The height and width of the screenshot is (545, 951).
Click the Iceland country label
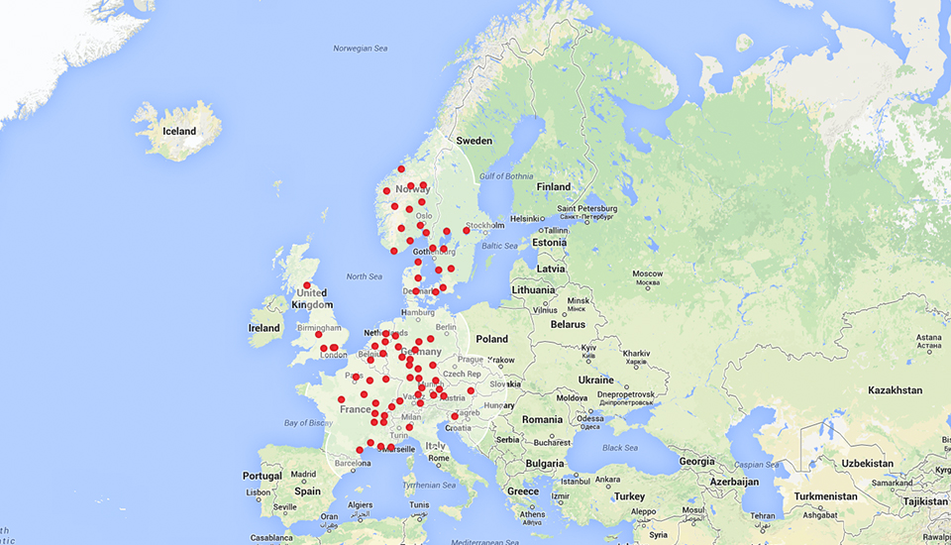(x=179, y=131)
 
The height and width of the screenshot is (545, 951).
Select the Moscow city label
(x=647, y=273)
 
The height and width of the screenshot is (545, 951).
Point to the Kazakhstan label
(x=895, y=390)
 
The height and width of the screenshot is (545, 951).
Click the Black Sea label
(x=618, y=447)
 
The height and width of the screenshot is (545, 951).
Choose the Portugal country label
(x=262, y=476)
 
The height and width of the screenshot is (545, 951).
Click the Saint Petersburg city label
(x=587, y=208)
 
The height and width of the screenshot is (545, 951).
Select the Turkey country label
(x=629, y=496)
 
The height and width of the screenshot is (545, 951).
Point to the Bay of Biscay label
(x=306, y=423)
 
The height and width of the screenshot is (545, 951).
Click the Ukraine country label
(x=596, y=381)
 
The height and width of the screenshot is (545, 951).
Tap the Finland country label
(x=554, y=186)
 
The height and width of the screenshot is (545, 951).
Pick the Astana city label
(x=928, y=338)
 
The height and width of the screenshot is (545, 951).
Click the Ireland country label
(x=264, y=328)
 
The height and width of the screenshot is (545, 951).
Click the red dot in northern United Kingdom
(x=307, y=285)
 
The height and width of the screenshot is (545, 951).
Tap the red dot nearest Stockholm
(x=466, y=230)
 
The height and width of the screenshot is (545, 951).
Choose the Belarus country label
(x=568, y=324)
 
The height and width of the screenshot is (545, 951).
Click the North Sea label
(x=365, y=276)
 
